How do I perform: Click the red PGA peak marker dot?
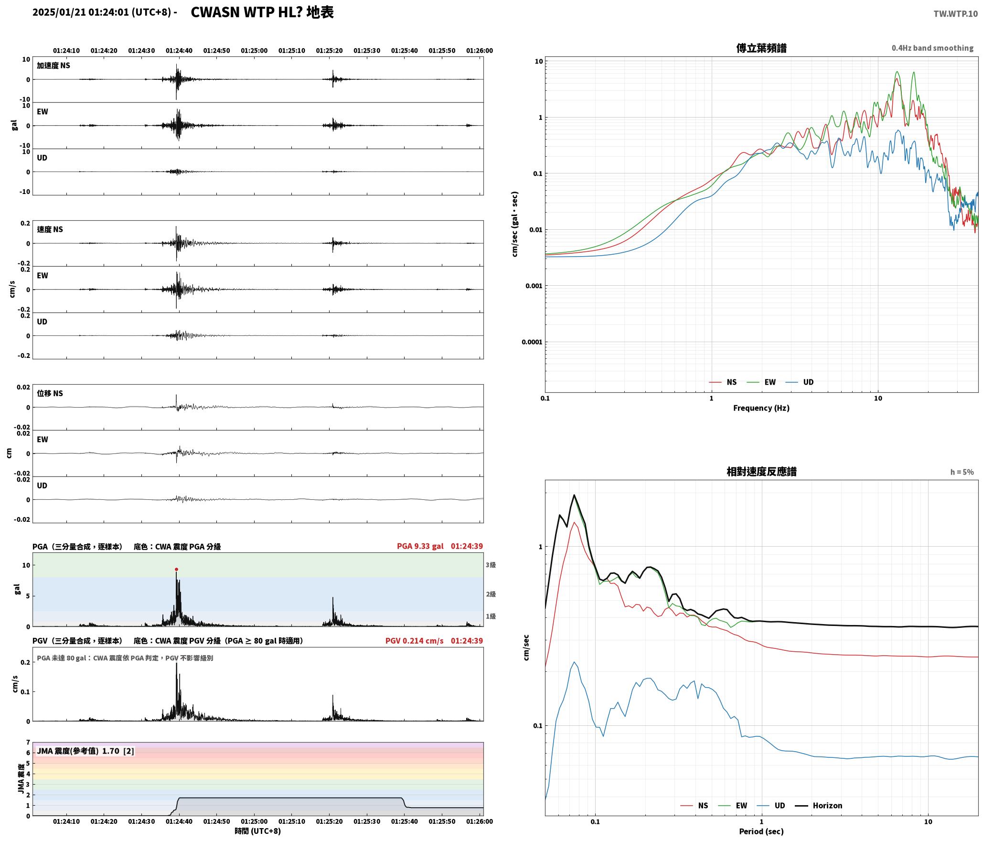point(176,569)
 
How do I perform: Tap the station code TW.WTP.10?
point(955,14)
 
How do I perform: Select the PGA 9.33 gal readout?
point(420,546)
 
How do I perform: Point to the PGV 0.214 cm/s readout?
point(414,640)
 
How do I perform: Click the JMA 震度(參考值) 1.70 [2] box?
point(85,751)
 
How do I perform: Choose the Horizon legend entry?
point(818,805)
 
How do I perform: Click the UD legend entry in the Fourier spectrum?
point(800,382)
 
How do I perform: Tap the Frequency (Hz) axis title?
point(761,408)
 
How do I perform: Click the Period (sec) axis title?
point(761,831)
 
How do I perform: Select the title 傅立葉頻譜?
point(761,48)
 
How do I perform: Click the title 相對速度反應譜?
point(761,471)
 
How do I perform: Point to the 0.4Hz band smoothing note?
point(932,48)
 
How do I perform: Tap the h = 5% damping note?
point(962,472)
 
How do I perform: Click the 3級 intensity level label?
point(491,565)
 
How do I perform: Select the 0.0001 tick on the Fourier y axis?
point(531,342)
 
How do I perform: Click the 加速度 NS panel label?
point(53,65)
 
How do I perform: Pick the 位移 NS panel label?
point(50,393)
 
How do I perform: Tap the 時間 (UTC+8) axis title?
point(257,831)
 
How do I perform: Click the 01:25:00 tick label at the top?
point(254,50)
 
